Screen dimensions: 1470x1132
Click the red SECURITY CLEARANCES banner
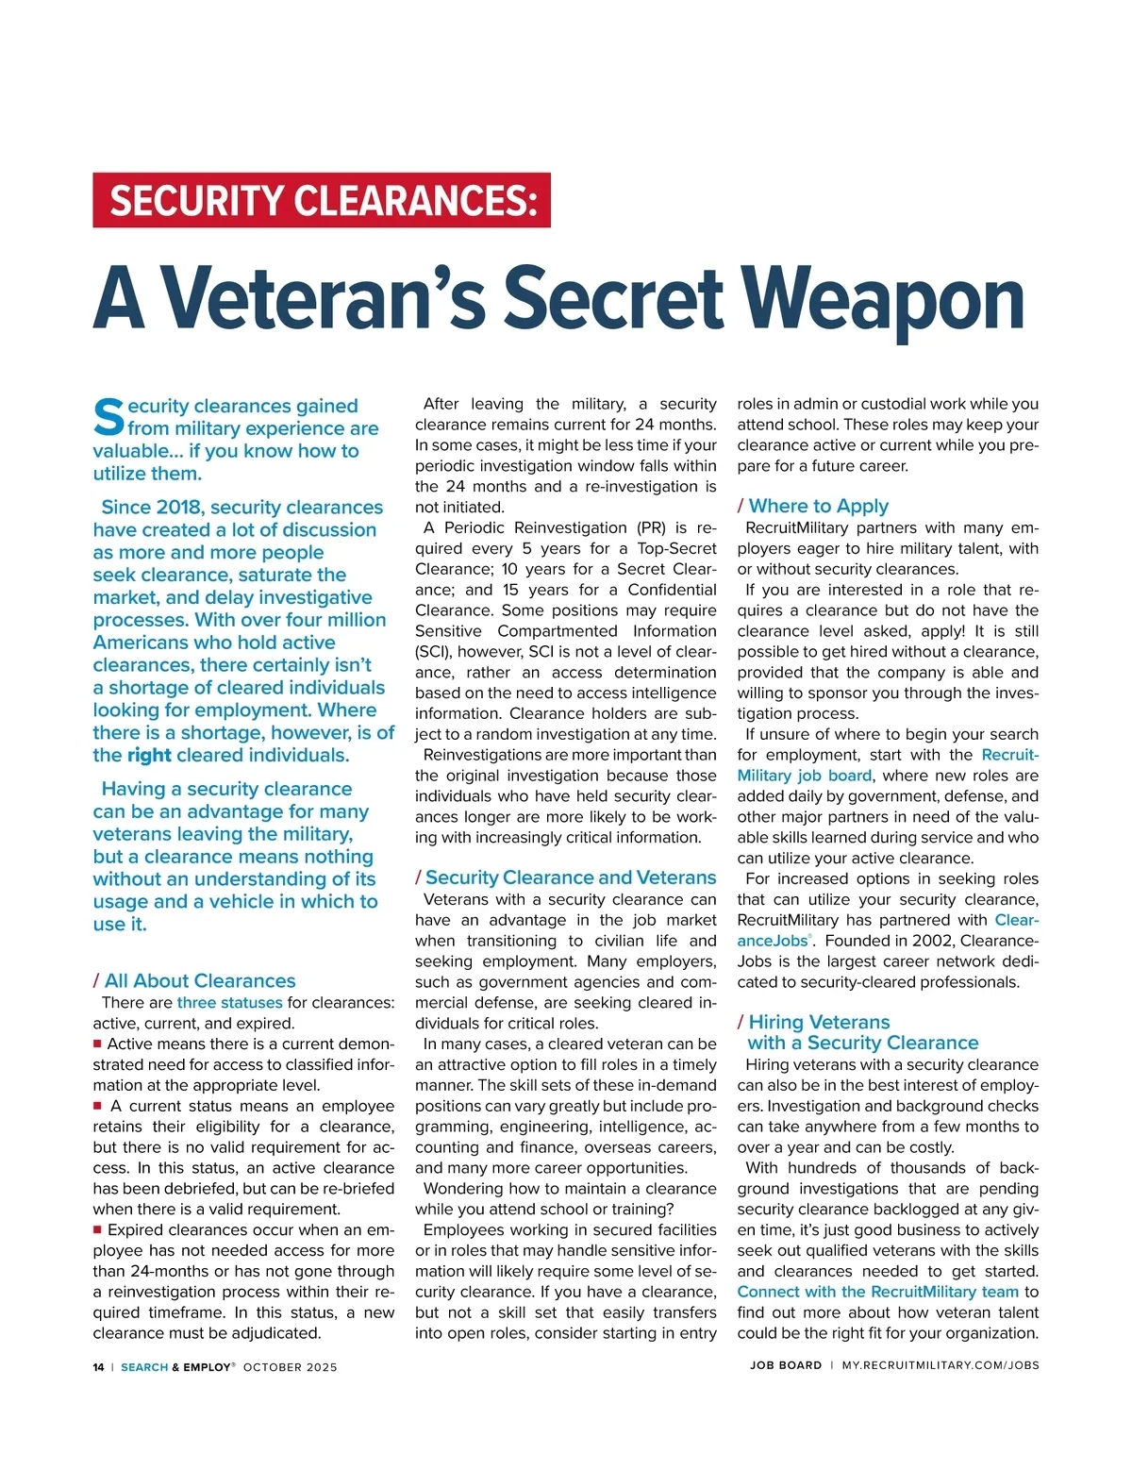pyautogui.click(x=321, y=200)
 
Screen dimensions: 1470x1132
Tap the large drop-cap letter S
pyautogui.click(x=108, y=417)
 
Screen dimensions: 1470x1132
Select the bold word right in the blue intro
pyautogui.click(x=149, y=755)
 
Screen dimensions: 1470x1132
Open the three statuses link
pyautogui.click(x=229, y=1002)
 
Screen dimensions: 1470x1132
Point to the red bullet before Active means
pyautogui.click(x=97, y=1044)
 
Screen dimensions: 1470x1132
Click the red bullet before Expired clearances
pyautogui.click(x=97, y=1229)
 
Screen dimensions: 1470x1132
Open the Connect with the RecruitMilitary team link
pyautogui.click(x=877, y=1292)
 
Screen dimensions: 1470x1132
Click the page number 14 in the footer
pyautogui.click(x=98, y=1366)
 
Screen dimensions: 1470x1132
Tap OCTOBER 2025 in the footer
pyautogui.click(x=290, y=1366)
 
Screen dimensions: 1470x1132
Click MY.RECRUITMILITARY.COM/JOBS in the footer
pyautogui.click(x=940, y=1365)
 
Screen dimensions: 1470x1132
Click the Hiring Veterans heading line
pyautogui.click(x=819, y=1022)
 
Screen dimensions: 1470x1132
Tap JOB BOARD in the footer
pyautogui.click(x=786, y=1365)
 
